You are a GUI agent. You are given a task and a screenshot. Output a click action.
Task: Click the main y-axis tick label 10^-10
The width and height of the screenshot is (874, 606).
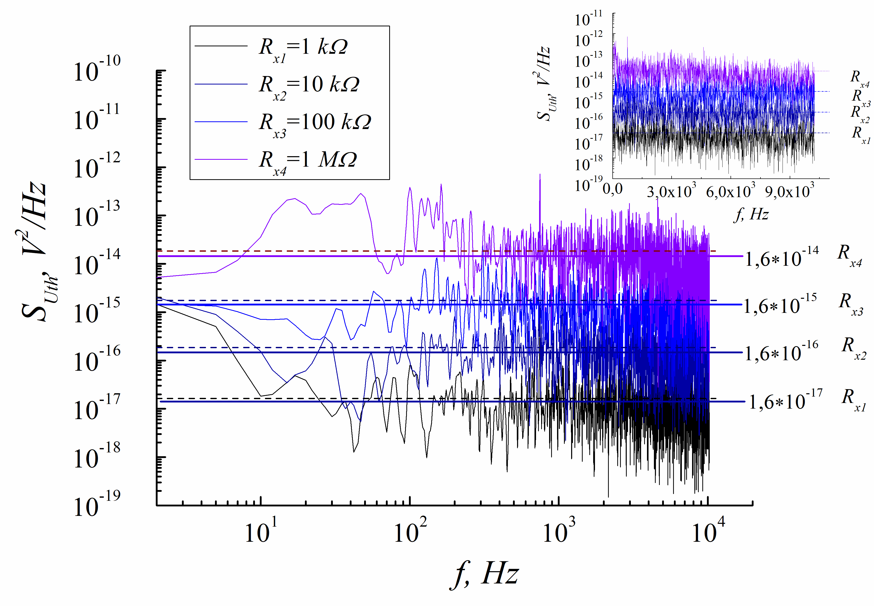pyautogui.click(x=97, y=69)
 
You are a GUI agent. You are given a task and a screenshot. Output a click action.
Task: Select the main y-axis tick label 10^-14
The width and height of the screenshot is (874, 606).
pyautogui.click(x=97, y=263)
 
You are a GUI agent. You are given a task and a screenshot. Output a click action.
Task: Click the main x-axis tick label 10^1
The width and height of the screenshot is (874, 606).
pyautogui.click(x=261, y=531)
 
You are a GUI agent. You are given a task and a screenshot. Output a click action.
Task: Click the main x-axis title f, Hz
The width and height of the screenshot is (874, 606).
pyautogui.click(x=485, y=575)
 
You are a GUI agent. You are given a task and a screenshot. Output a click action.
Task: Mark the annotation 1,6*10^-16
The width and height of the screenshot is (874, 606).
pyautogui.click(x=781, y=352)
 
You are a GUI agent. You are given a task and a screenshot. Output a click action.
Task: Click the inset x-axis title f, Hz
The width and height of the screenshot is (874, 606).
pyautogui.click(x=751, y=215)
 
